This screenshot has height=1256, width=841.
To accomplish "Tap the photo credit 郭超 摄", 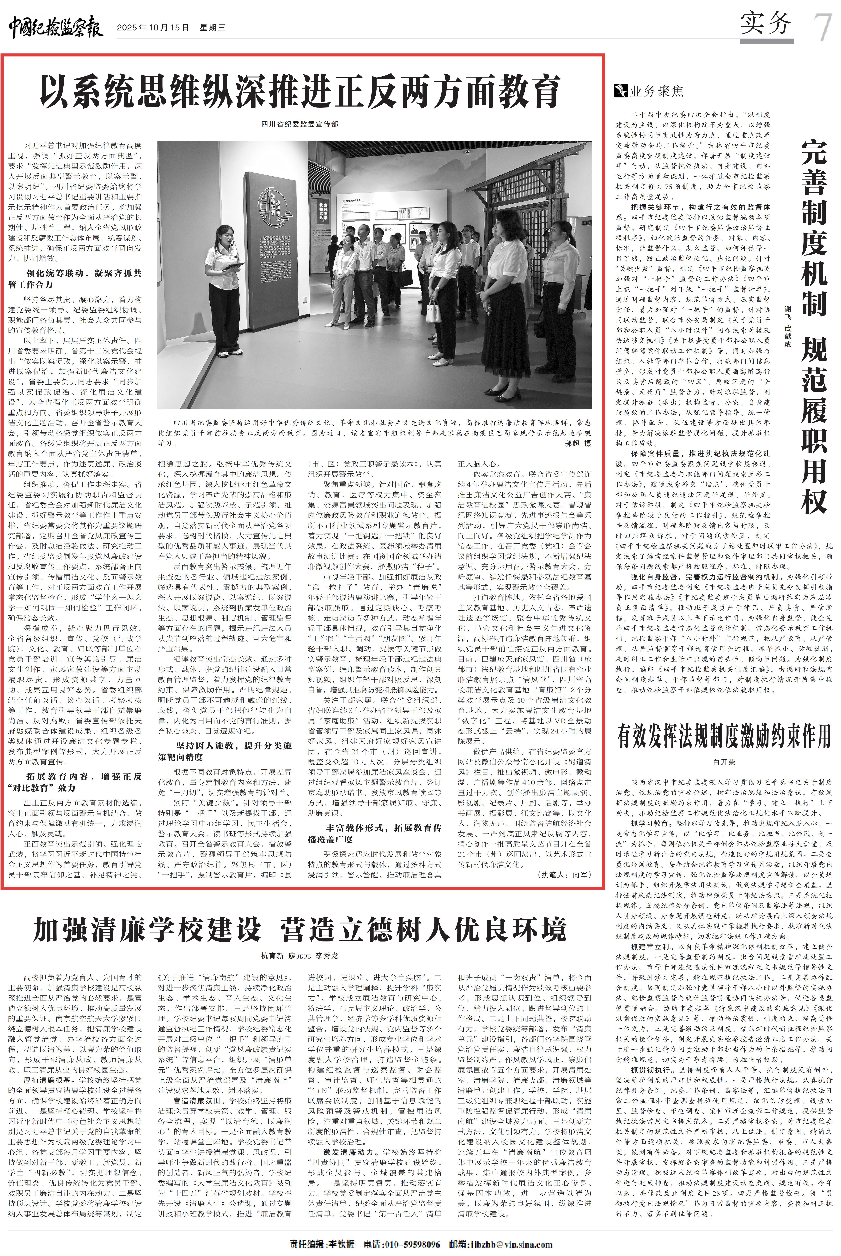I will [x=578, y=444].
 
